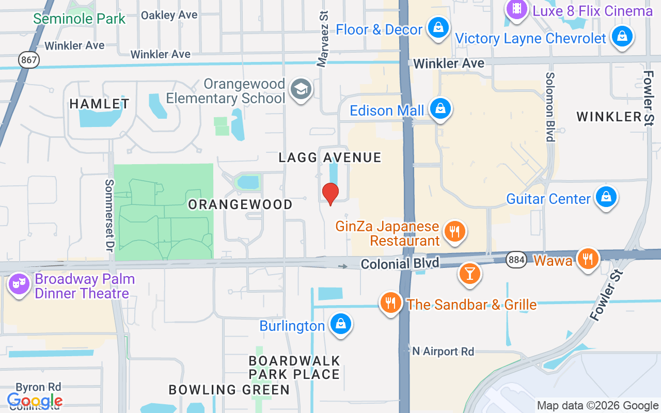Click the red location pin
pos(330,194)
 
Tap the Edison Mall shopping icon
pos(440,109)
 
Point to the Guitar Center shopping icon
pos(606,197)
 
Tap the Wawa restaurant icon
pos(587,258)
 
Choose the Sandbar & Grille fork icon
pos(391,303)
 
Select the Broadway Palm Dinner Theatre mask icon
pos(19,284)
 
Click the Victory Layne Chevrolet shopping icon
pos(622,37)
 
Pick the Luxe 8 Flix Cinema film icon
pos(516,9)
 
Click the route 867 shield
pos(29,60)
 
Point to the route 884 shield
pos(516,259)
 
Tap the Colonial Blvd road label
pos(400,264)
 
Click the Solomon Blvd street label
pos(550,106)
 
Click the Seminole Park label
pos(80,19)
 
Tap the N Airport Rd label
pos(443,352)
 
